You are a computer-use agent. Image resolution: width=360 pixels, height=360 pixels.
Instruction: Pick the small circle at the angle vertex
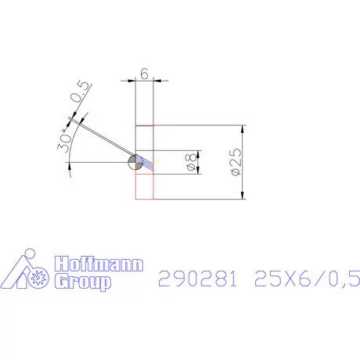pos(135,162)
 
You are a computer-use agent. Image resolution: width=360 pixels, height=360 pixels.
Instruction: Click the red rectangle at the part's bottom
pos(145,186)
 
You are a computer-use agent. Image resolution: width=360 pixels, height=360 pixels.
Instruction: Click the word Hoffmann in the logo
pos(98,265)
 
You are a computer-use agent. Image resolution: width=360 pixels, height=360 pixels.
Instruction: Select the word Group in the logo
pos(82,282)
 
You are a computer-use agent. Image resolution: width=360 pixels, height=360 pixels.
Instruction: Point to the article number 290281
pos(197,278)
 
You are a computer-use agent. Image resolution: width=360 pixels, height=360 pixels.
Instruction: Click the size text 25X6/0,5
pos(305,278)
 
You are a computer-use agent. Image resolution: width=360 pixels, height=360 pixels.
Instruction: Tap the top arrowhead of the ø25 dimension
pos(243,129)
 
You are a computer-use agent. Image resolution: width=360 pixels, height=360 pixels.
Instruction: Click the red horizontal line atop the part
pos(145,126)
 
